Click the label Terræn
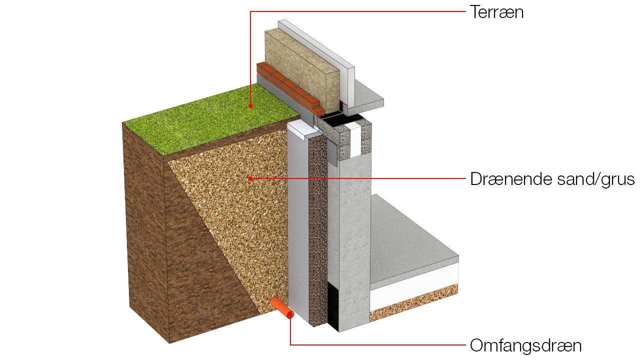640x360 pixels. click(496, 12)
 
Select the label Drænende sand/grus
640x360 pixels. click(552, 179)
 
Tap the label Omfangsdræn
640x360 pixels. click(525, 345)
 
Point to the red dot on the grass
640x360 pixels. click(250, 105)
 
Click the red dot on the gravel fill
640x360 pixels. click(250, 178)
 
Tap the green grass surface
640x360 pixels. click(211, 120)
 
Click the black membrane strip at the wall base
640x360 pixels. click(333, 307)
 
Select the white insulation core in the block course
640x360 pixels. click(354, 140)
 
